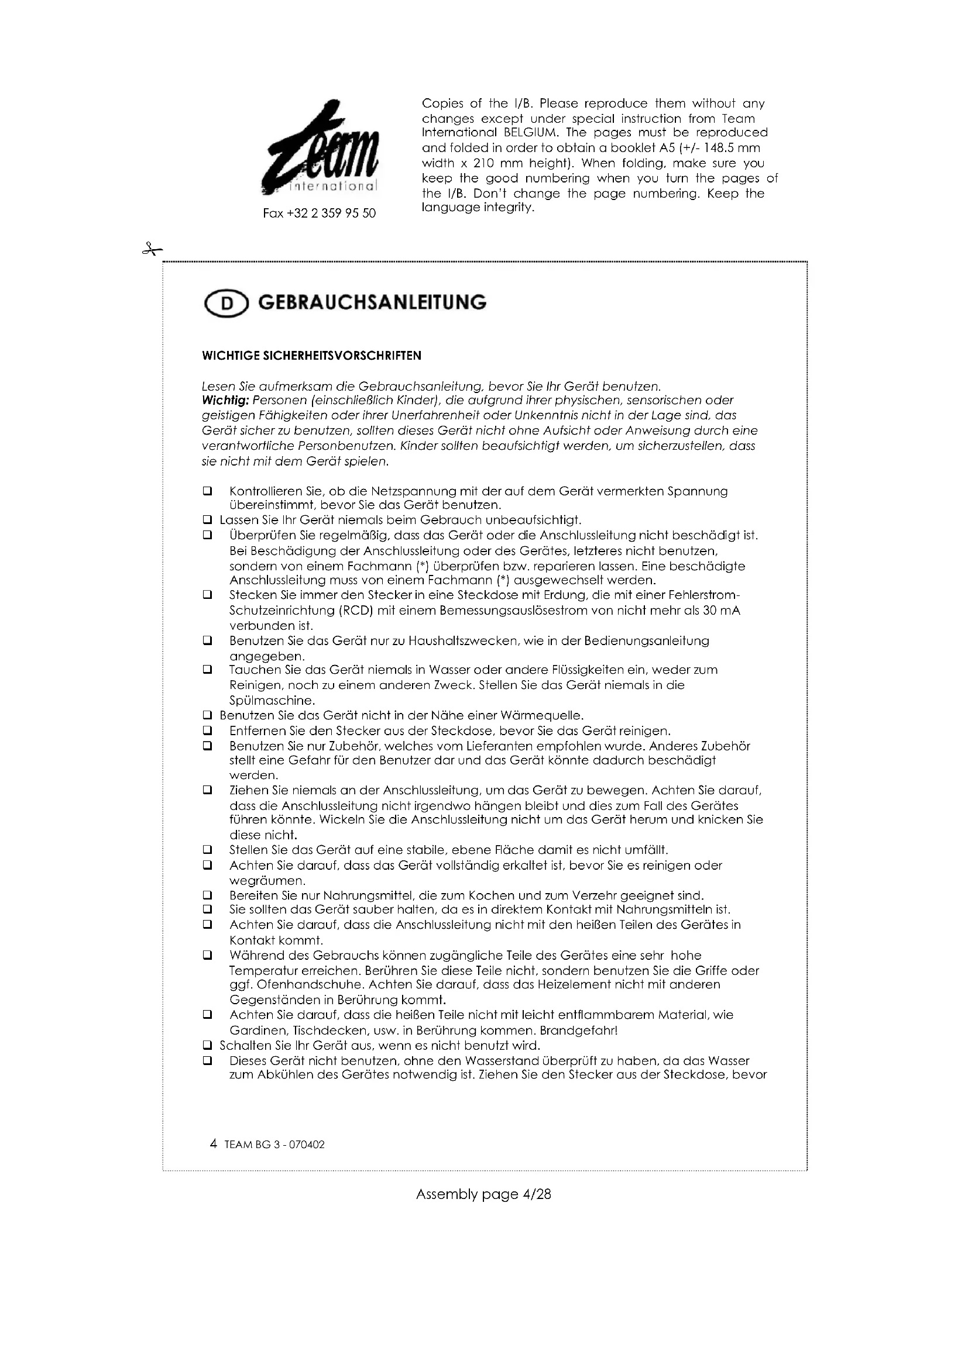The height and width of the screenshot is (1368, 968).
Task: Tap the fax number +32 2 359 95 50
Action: pos(319,213)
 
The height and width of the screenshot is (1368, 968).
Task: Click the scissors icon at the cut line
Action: pos(152,250)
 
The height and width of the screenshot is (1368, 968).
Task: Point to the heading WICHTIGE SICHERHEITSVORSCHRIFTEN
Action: pos(312,356)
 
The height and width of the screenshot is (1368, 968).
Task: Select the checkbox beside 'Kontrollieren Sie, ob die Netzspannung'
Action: pos(207,492)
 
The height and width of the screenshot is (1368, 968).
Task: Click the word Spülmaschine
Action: pos(272,701)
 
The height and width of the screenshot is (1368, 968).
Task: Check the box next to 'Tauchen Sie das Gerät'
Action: pos(207,670)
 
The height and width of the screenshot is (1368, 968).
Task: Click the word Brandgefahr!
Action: pos(578,1030)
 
